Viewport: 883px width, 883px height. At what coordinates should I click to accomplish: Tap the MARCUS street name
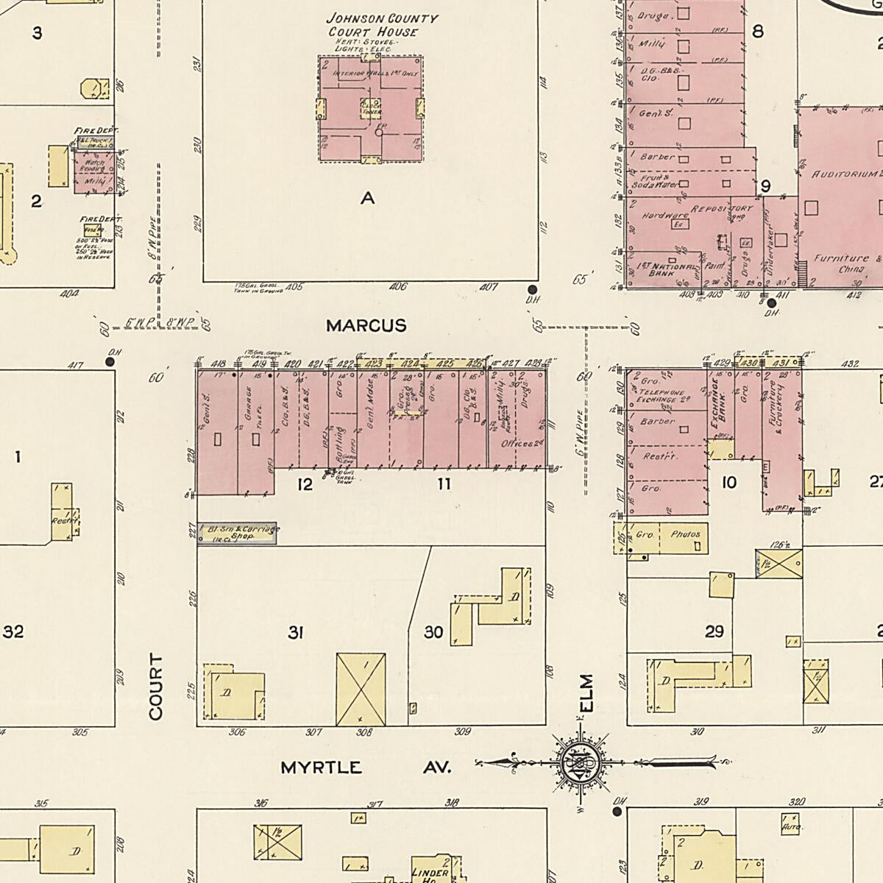pos(366,325)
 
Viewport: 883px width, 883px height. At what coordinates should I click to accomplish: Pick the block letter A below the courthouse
pos(367,198)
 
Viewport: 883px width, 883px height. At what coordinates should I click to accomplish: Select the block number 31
pos(296,632)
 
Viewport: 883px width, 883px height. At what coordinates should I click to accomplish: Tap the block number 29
pos(714,631)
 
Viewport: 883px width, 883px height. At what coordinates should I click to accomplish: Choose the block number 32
pos(13,631)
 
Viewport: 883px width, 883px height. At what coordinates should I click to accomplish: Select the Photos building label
pos(685,534)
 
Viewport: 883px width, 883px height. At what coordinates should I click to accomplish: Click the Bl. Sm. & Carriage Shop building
pos(237,533)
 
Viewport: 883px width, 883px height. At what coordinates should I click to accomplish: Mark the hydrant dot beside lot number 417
pos(111,361)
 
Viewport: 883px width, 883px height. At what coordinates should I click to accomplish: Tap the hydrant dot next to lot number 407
pos(533,289)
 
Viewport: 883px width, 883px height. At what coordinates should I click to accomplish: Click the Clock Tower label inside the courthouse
pos(370,108)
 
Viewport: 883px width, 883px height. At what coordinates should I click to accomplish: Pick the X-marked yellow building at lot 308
pos(361,689)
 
